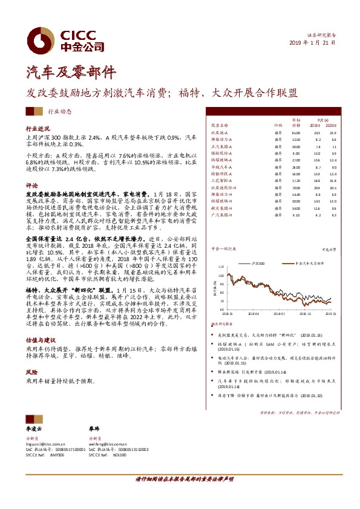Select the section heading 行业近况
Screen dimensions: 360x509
click(x=37, y=129)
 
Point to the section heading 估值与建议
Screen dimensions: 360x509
click(x=41, y=340)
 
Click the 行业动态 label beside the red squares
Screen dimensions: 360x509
click(x=59, y=112)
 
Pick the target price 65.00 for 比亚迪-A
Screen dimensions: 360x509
click(x=296, y=132)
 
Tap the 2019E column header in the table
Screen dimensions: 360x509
click(x=317, y=125)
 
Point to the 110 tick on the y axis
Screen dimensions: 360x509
click(x=220, y=266)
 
